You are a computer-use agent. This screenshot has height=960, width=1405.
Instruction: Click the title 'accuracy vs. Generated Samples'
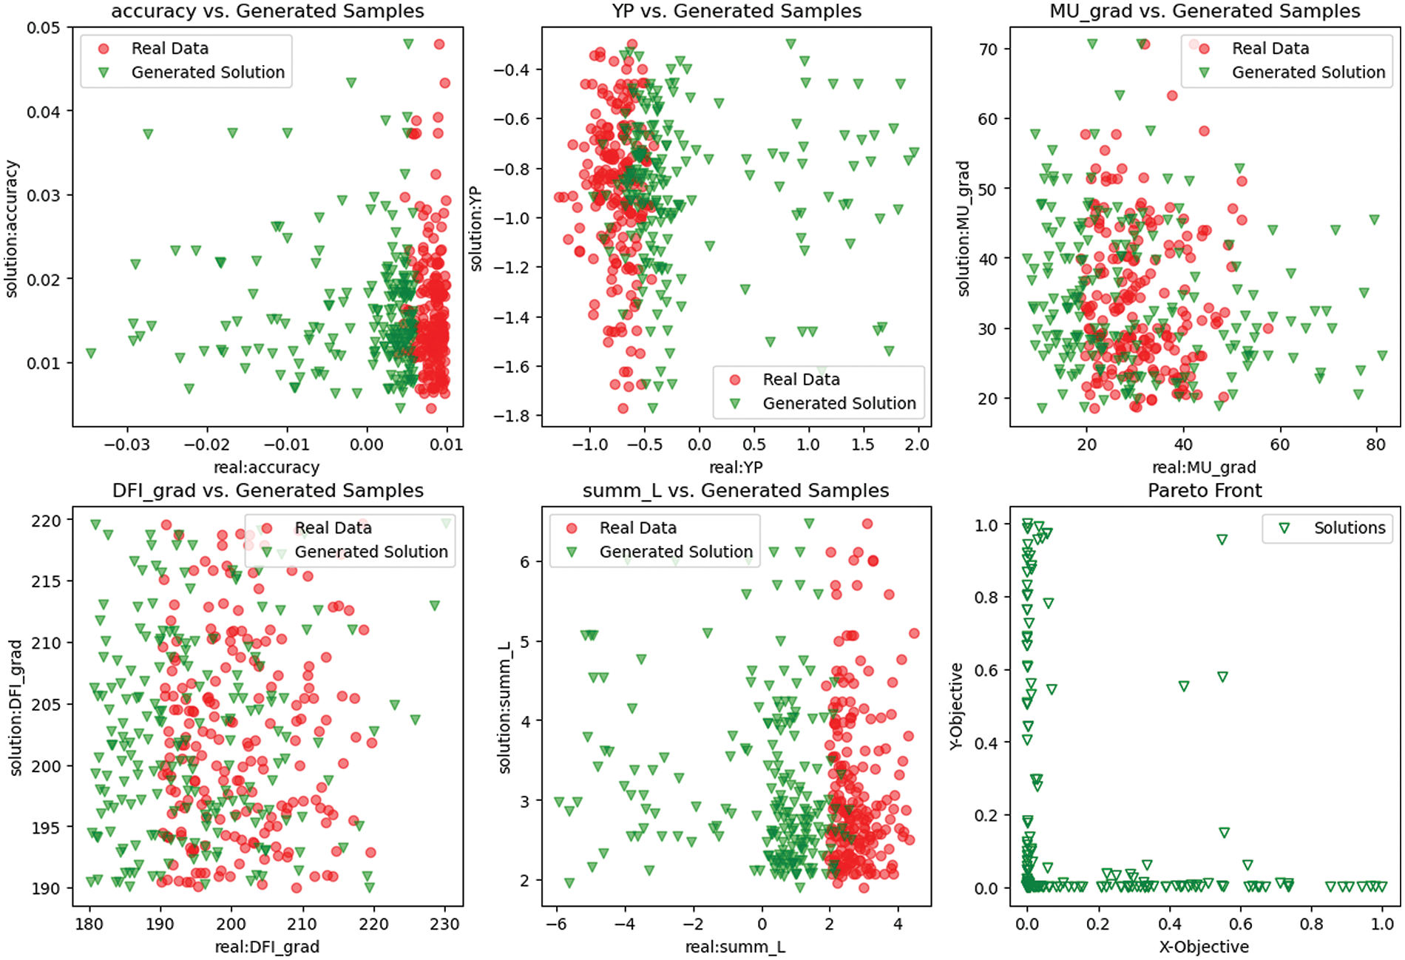point(268,11)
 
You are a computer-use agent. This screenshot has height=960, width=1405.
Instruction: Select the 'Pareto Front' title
point(1205,490)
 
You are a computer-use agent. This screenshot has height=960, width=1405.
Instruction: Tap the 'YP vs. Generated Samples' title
point(737,11)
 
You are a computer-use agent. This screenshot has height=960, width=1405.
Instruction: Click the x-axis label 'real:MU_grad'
point(1204,467)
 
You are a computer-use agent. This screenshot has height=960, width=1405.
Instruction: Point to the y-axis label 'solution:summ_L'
point(505,708)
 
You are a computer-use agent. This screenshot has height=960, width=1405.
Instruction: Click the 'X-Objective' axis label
point(1204,947)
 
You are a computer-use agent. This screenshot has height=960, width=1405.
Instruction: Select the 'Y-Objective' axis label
point(956,706)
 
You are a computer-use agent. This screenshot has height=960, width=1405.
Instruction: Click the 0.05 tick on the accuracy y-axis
point(44,28)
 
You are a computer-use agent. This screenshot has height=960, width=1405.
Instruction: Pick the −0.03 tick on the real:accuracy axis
point(126,444)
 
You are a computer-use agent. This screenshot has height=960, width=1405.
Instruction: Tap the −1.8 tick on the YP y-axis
point(512,416)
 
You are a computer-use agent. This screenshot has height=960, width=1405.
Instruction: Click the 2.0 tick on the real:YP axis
point(917,444)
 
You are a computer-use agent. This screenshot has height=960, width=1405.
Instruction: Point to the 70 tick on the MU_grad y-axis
point(988,50)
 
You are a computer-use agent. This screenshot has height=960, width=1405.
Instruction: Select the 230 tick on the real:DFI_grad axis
point(444,924)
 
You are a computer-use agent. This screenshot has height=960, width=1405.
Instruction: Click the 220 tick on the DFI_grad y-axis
point(46,521)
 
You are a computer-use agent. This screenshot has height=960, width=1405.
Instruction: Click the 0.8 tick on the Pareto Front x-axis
point(1311,924)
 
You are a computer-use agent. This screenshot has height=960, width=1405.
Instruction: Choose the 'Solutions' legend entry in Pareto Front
point(1349,528)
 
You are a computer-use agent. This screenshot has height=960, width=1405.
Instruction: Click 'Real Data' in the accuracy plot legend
point(169,49)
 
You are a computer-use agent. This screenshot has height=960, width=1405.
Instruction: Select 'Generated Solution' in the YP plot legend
point(839,403)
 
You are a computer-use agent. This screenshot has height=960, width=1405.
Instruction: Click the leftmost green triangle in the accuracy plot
point(91,354)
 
